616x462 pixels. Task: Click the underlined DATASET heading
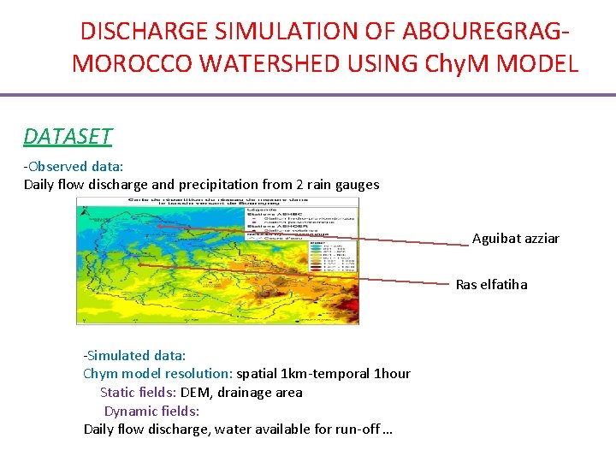[x=68, y=136]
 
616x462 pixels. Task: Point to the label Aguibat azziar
[x=515, y=239]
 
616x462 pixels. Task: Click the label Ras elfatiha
[x=491, y=284]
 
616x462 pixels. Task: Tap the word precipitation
[x=244, y=184]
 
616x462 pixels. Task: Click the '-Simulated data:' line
[x=134, y=355]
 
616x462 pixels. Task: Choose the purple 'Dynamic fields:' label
[x=151, y=411]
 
